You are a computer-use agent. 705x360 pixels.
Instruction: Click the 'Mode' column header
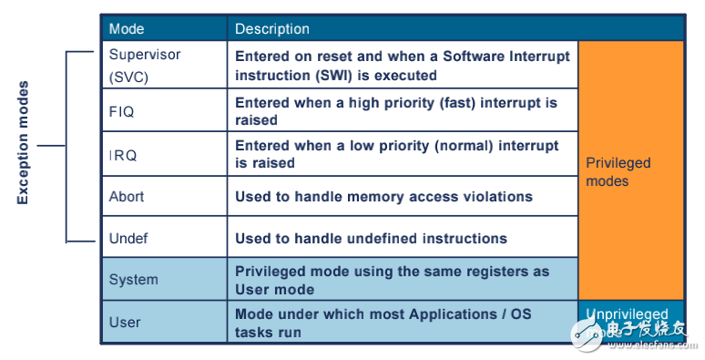coord(127,29)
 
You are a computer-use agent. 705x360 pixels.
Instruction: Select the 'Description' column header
coord(272,29)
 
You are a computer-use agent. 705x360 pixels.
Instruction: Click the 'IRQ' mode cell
coord(123,155)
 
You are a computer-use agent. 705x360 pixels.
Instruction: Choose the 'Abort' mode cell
coord(127,196)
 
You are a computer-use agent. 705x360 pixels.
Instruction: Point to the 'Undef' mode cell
coord(128,238)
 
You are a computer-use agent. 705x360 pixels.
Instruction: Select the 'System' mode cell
coord(133,280)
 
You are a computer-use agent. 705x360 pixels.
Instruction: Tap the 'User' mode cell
coord(125,322)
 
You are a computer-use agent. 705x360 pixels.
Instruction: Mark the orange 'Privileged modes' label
coord(618,172)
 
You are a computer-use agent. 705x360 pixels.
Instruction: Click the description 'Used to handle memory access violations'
coord(383,196)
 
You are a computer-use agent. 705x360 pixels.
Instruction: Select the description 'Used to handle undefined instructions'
coord(371,238)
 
